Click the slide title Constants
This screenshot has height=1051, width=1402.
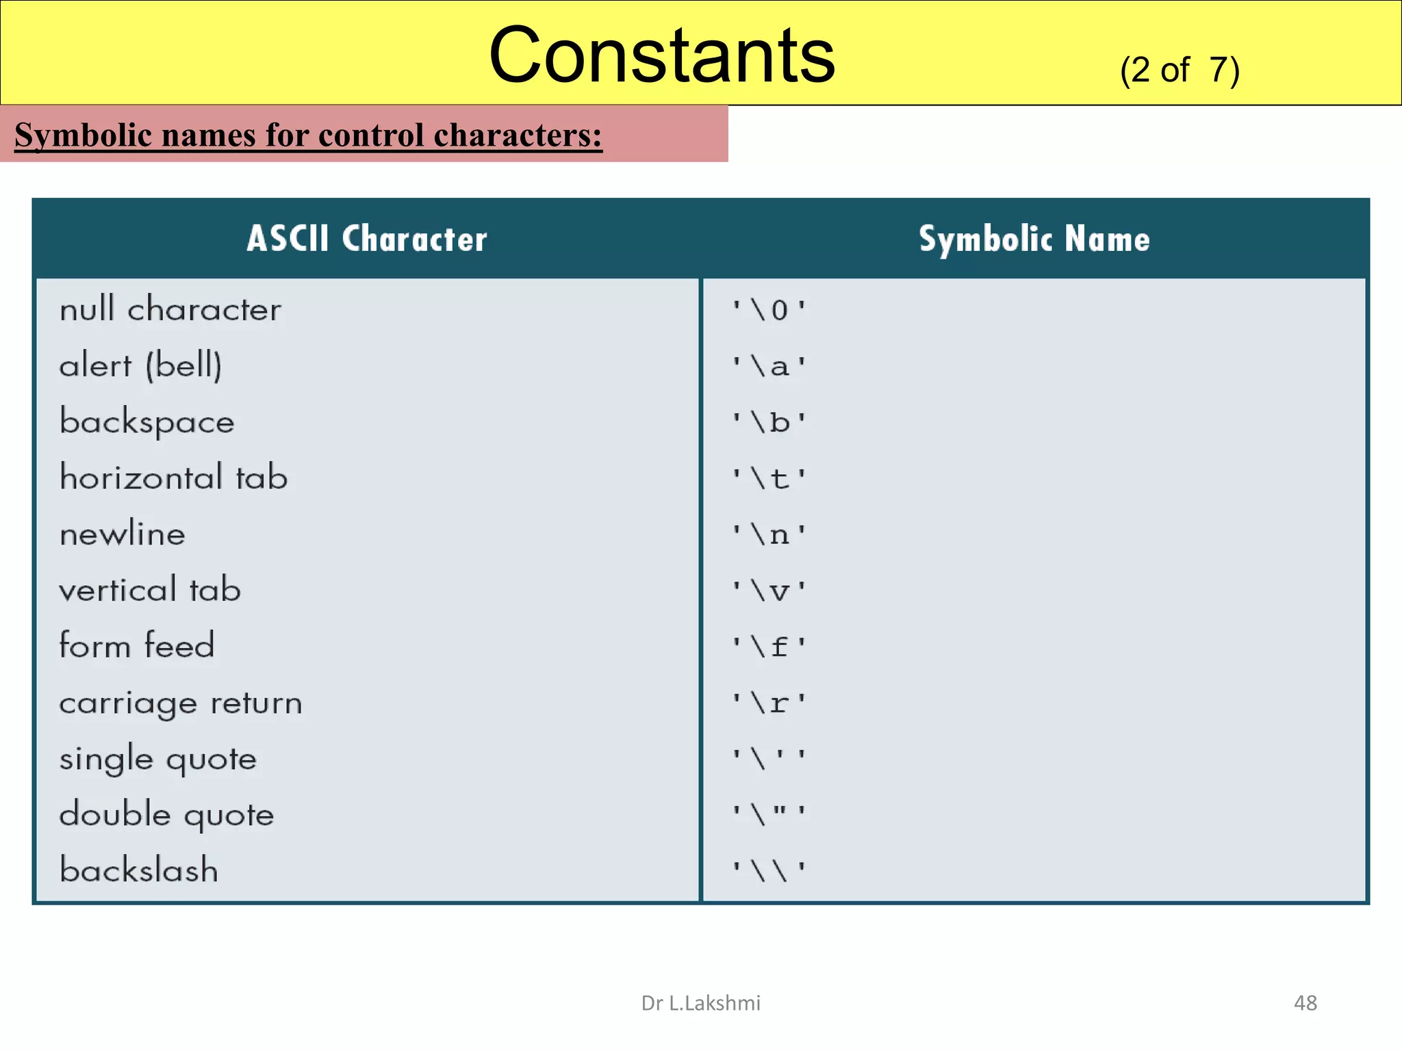pyautogui.click(x=661, y=55)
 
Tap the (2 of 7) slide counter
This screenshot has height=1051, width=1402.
pyautogui.click(x=1179, y=70)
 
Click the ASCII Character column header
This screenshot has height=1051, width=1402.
pyautogui.click(x=367, y=239)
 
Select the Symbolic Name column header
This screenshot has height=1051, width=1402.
pyautogui.click(x=1034, y=239)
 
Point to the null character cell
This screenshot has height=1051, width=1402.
pyautogui.click(x=170, y=309)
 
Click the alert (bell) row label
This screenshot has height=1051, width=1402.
pyautogui.click(x=140, y=365)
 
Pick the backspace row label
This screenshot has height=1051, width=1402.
pyautogui.click(x=147, y=422)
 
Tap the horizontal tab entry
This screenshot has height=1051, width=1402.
pyautogui.click(x=174, y=478)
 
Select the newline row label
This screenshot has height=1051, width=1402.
pyautogui.click(x=123, y=534)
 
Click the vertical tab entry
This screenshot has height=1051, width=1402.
pyautogui.click(x=150, y=590)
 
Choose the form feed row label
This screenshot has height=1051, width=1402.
pyautogui.click(x=137, y=645)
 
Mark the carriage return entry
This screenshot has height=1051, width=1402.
pyautogui.click(x=181, y=703)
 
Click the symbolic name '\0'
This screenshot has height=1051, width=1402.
pyautogui.click(x=769, y=311)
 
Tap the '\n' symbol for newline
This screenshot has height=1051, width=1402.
pyautogui.click(x=769, y=534)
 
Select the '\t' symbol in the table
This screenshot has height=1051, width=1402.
pyautogui.click(x=769, y=478)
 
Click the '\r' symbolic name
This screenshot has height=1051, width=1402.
pyautogui.click(x=769, y=703)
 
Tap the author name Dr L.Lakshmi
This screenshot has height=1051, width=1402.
pyautogui.click(x=700, y=1003)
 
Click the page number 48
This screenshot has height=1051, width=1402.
pyautogui.click(x=1305, y=1003)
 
